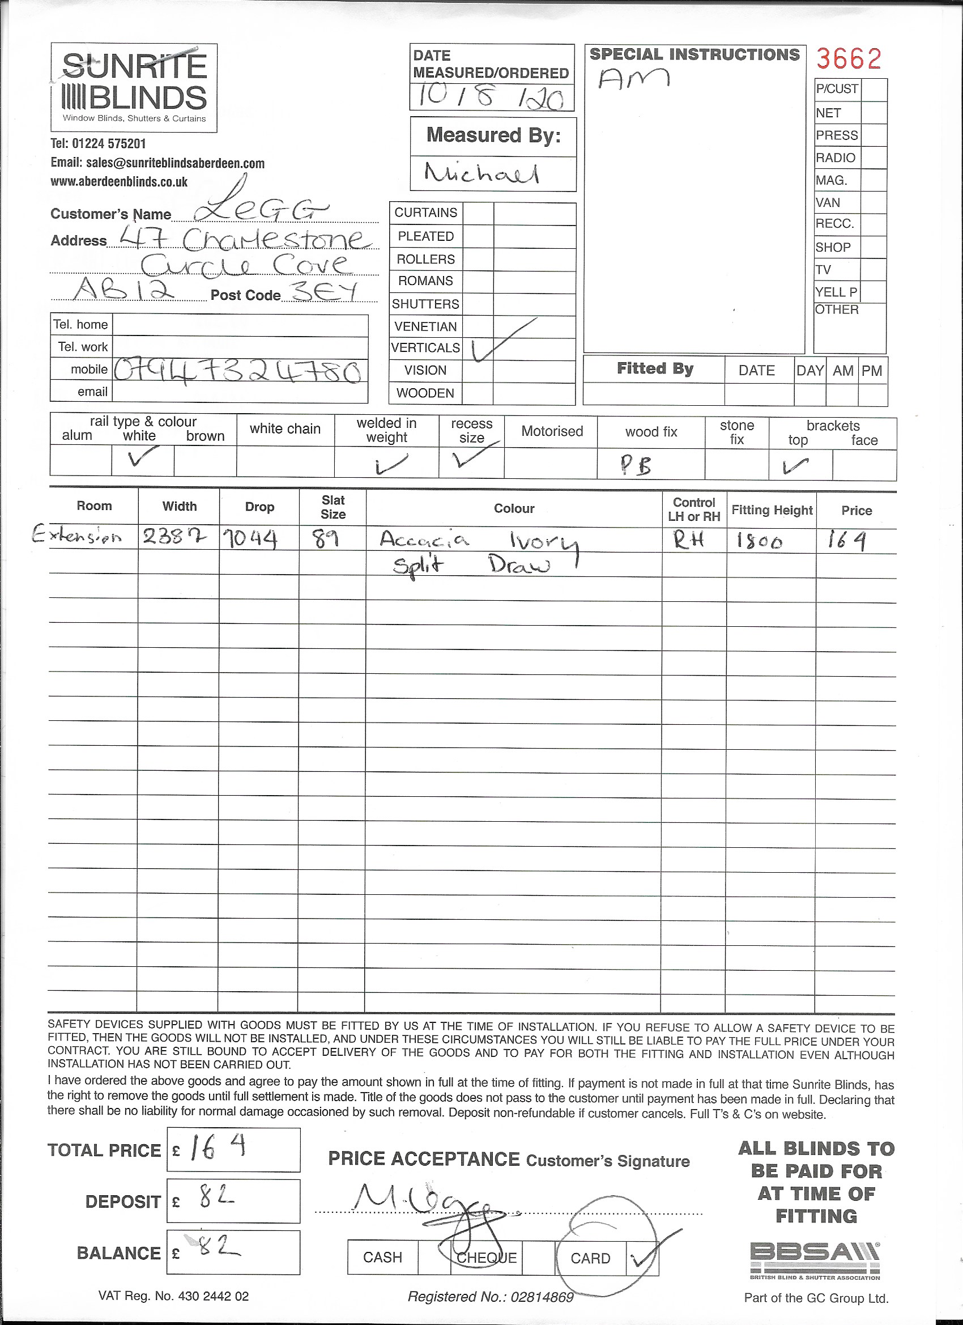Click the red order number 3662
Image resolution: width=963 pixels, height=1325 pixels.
tap(848, 58)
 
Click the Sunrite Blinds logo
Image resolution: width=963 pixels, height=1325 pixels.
tap(134, 87)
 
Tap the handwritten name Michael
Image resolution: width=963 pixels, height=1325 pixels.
tap(482, 173)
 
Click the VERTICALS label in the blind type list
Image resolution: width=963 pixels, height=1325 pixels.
tap(425, 348)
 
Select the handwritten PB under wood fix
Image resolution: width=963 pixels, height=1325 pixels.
tap(636, 465)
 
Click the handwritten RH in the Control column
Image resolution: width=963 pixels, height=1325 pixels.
tap(688, 541)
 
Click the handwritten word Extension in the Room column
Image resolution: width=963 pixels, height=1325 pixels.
tap(76, 535)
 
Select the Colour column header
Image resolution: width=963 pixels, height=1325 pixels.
tap(514, 509)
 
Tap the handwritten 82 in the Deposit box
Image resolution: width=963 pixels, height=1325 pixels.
tap(215, 1199)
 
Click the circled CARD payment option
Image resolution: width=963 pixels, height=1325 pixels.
tap(590, 1258)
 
